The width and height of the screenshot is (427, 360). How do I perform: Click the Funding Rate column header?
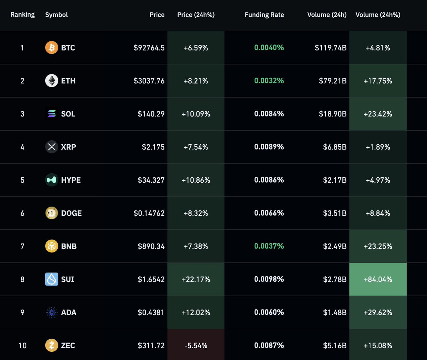[x=264, y=15]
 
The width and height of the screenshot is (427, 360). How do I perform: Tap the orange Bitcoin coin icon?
[x=52, y=48]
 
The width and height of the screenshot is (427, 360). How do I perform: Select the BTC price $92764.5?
[x=149, y=48]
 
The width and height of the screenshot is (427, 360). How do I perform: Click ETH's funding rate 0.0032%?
[x=269, y=81]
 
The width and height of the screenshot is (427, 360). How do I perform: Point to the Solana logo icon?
[x=52, y=114]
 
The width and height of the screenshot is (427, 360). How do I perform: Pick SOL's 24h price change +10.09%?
[x=196, y=114]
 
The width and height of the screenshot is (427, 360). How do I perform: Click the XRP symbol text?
[x=68, y=147]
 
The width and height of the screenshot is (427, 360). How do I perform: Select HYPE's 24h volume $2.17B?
[x=334, y=180]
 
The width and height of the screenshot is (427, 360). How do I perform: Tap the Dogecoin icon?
[x=52, y=213]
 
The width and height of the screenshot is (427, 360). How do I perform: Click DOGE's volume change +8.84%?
[x=378, y=213]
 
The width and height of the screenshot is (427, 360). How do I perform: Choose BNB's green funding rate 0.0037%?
[x=269, y=246]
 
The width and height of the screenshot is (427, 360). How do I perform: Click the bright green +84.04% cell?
[x=378, y=280]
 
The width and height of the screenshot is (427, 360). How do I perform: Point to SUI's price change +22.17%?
[x=196, y=280]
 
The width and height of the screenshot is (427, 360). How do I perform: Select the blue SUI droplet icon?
[x=52, y=279]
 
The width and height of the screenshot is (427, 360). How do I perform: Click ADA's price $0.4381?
[x=151, y=312]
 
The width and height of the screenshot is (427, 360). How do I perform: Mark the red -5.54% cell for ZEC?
[x=196, y=345]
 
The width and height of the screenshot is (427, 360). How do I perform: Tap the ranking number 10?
[x=22, y=345]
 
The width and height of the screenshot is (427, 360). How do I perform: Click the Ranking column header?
[x=22, y=15]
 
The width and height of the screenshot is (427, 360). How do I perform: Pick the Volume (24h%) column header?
[x=378, y=15]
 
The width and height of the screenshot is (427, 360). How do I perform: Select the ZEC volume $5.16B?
[x=334, y=345]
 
